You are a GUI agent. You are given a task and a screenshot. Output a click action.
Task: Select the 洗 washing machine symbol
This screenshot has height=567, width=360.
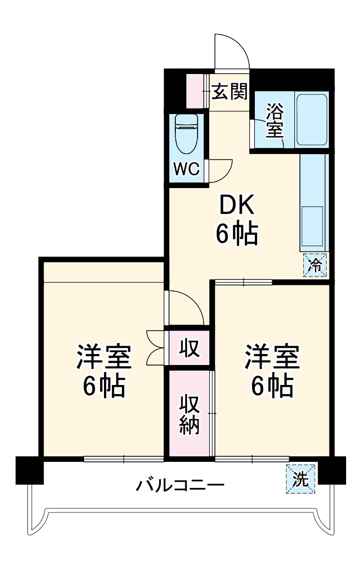pos(300,478)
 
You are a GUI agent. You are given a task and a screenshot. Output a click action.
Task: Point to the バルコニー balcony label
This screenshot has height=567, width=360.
pos(180,486)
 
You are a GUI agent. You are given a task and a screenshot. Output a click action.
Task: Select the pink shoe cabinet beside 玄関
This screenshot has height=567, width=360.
pos(196,91)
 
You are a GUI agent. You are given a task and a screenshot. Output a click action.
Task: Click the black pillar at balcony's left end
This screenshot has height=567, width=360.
pos(29,470)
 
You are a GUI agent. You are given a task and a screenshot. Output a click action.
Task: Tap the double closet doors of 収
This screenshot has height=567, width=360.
pos(155,347)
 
